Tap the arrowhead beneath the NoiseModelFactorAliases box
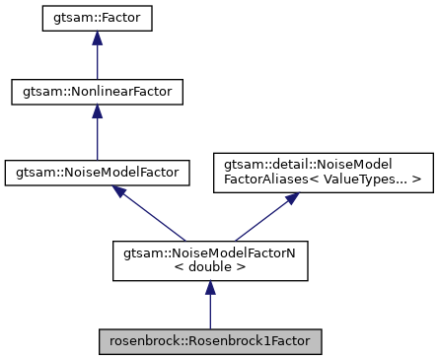click(293, 198)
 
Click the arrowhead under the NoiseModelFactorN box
click(209, 286)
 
